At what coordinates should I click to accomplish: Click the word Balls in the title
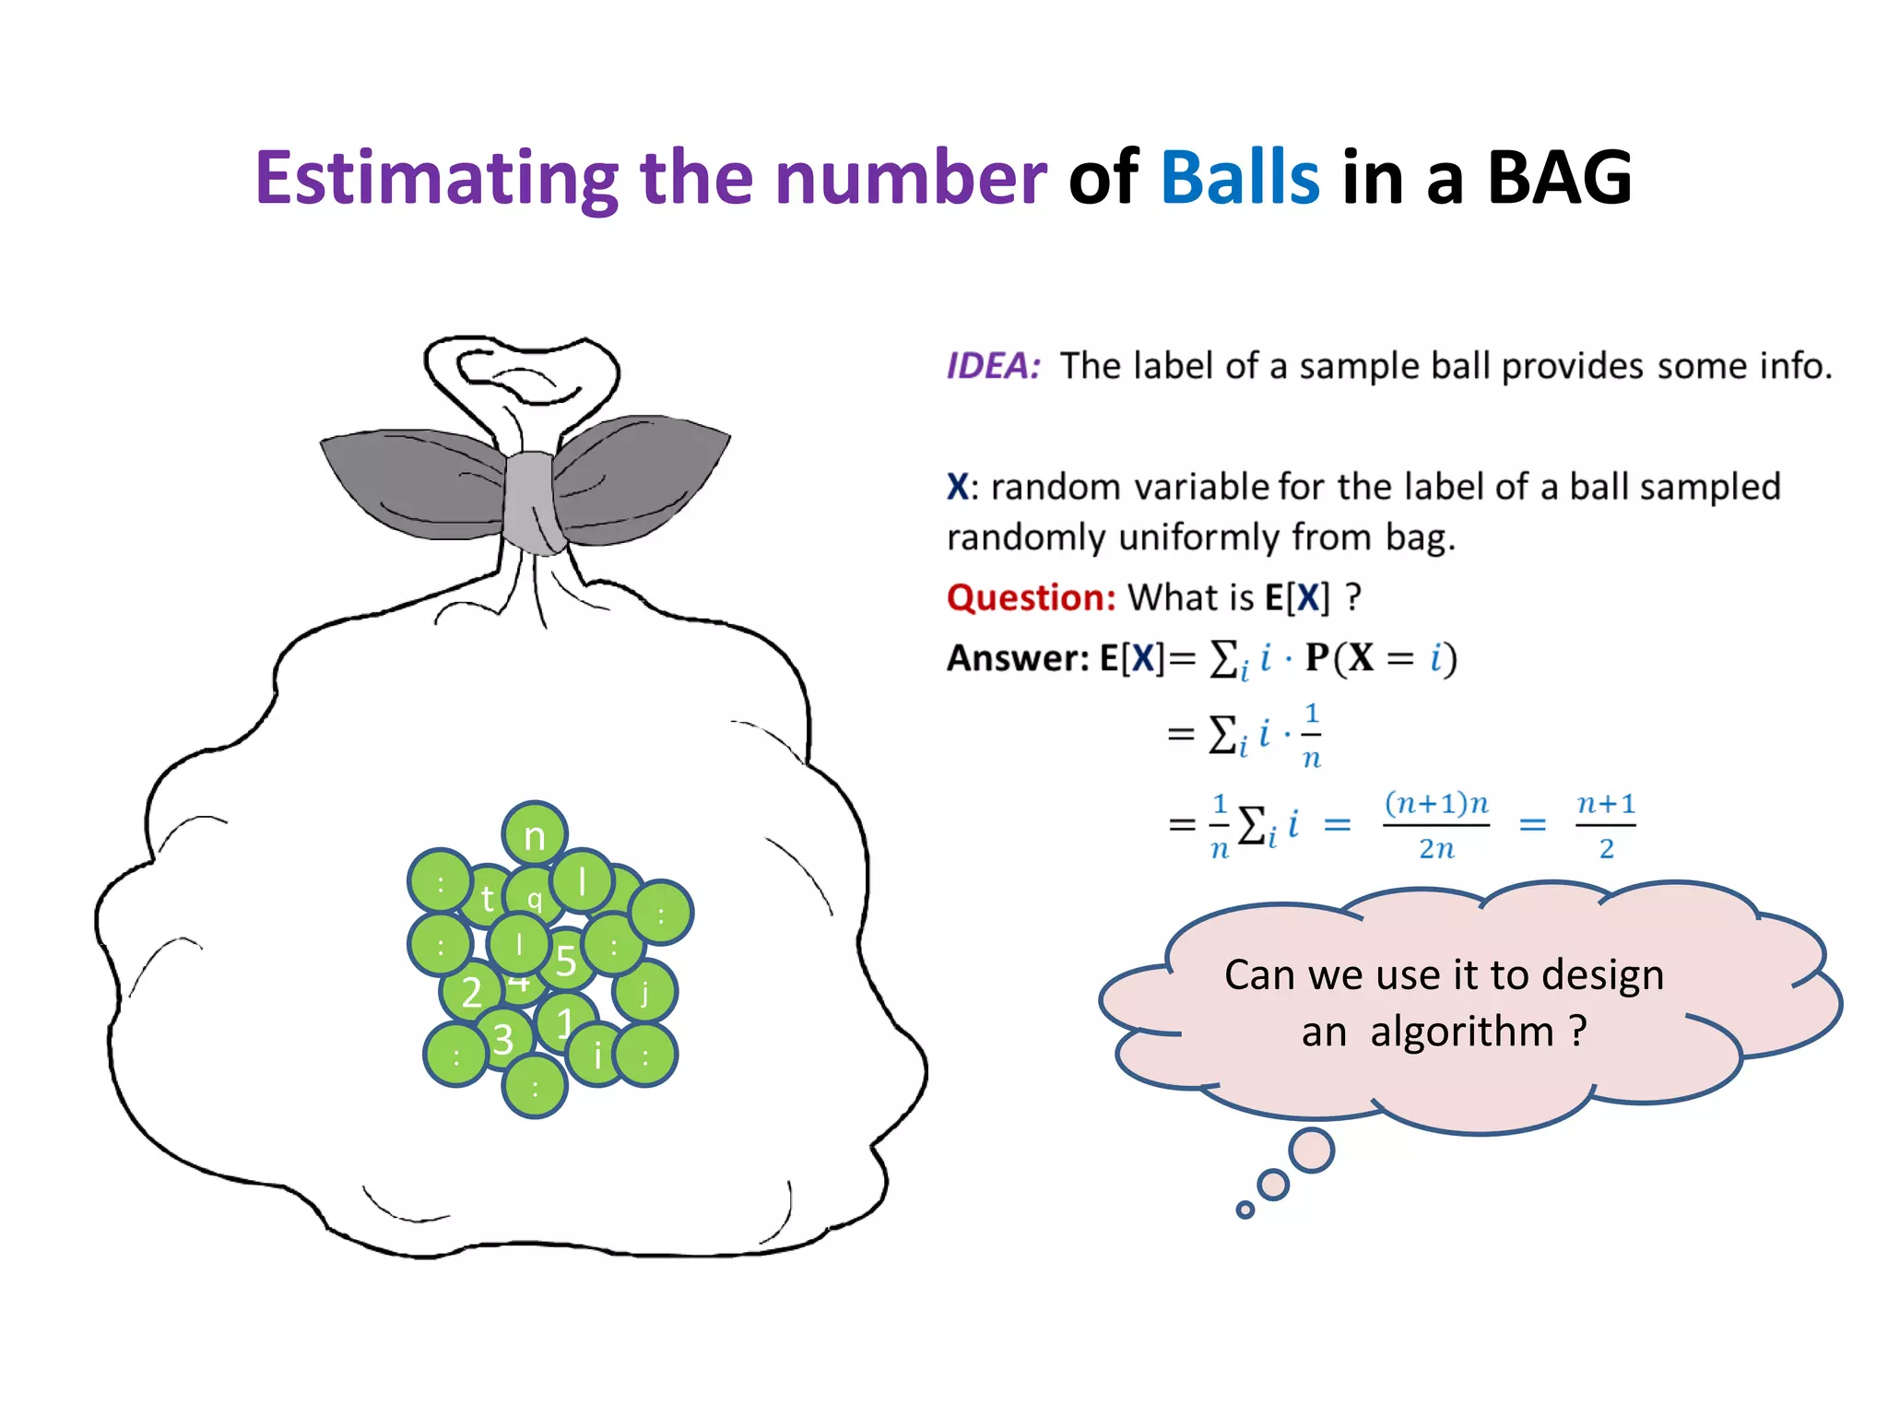pyautogui.click(x=1239, y=177)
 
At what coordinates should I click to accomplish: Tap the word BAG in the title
pyautogui.click(x=1560, y=177)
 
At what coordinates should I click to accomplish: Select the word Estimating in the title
pyautogui.click(x=437, y=179)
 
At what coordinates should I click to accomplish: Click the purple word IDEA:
pyautogui.click(x=993, y=366)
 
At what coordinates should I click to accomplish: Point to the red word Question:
pyautogui.click(x=1031, y=597)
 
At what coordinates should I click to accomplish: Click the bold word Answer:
pyautogui.click(x=1018, y=658)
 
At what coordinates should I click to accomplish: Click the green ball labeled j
pyautogui.click(x=645, y=993)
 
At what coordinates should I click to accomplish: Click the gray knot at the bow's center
pyautogui.click(x=532, y=502)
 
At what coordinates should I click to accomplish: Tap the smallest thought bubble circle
pyautogui.click(x=1245, y=1209)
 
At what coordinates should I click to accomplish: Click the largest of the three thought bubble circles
pyautogui.click(x=1312, y=1150)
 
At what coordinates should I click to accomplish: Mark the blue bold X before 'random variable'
pyautogui.click(x=958, y=486)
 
